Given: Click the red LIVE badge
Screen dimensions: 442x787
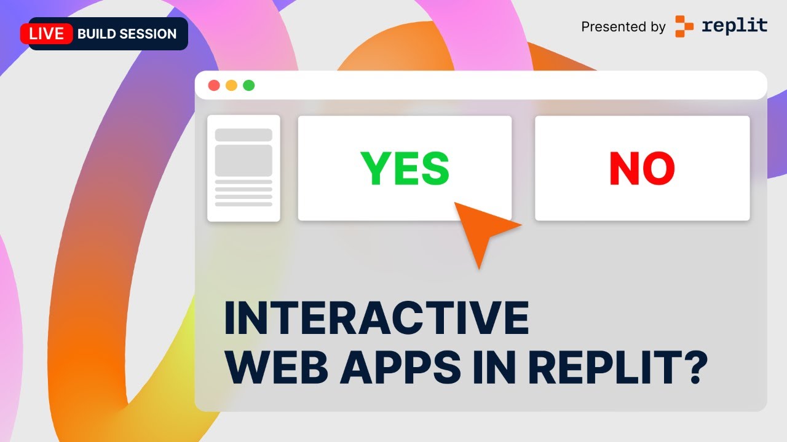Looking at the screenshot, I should tap(47, 34).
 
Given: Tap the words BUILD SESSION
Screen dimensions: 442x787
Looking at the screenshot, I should tap(127, 34).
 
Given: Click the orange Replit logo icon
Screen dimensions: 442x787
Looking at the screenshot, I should tap(684, 26).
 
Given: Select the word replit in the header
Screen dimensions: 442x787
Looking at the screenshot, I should tap(734, 26).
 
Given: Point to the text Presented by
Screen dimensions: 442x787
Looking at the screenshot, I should tap(623, 27).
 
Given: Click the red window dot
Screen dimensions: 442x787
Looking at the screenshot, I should tap(214, 85).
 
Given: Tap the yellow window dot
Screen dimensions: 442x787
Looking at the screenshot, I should tap(231, 85).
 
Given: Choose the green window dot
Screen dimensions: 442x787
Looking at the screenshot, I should tap(248, 85).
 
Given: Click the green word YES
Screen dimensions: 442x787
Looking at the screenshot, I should tap(405, 168).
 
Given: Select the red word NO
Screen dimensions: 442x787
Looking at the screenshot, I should tap(642, 168).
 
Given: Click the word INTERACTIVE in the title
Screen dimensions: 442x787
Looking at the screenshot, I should tap(376, 317).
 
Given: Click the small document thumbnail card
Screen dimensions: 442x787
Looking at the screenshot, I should tap(243, 168).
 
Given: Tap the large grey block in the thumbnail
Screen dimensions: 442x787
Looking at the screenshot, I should tap(243, 161).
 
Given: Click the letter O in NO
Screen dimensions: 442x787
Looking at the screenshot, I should tap(658, 168).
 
